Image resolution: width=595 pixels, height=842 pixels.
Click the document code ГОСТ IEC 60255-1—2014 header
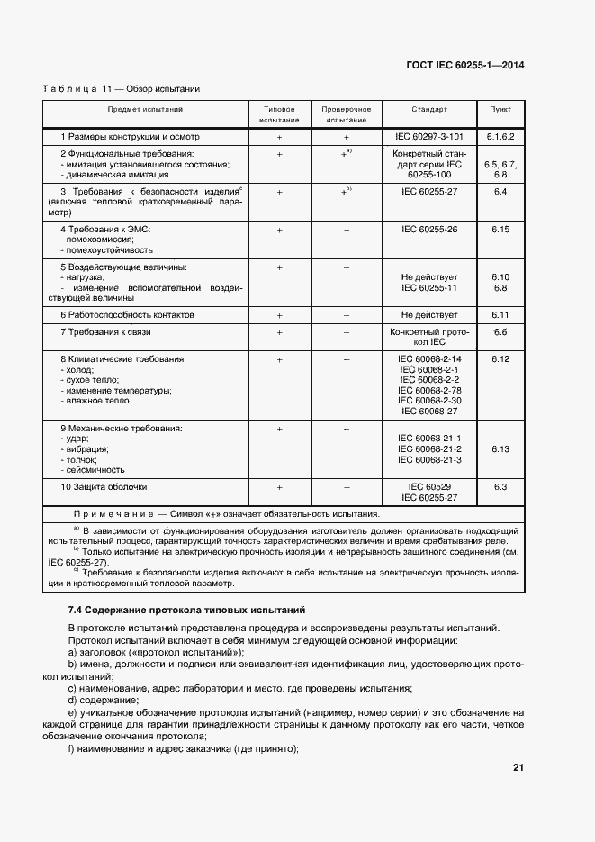(x=467, y=66)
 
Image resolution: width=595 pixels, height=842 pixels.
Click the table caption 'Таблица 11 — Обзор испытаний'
(x=121, y=89)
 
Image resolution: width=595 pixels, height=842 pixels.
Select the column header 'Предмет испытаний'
(x=146, y=109)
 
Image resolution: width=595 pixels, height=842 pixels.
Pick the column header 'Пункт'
(x=500, y=109)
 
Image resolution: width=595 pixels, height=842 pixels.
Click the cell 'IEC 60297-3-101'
(x=429, y=137)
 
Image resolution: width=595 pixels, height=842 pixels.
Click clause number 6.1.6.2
(x=500, y=137)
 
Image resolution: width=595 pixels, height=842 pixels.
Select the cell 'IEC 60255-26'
(x=429, y=230)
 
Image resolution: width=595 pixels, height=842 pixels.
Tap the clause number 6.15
(x=500, y=230)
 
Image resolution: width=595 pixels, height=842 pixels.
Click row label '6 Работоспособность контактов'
(x=127, y=315)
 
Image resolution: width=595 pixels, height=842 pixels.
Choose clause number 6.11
(x=500, y=315)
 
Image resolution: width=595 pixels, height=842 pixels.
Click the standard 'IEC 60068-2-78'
(x=429, y=390)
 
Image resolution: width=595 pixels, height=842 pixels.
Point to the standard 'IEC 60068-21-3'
(x=429, y=459)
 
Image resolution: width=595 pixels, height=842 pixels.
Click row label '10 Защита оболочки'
(x=103, y=487)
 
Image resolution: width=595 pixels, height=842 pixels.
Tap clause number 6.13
(x=500, y=448)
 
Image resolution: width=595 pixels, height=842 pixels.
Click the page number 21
(x=518, y=768)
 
